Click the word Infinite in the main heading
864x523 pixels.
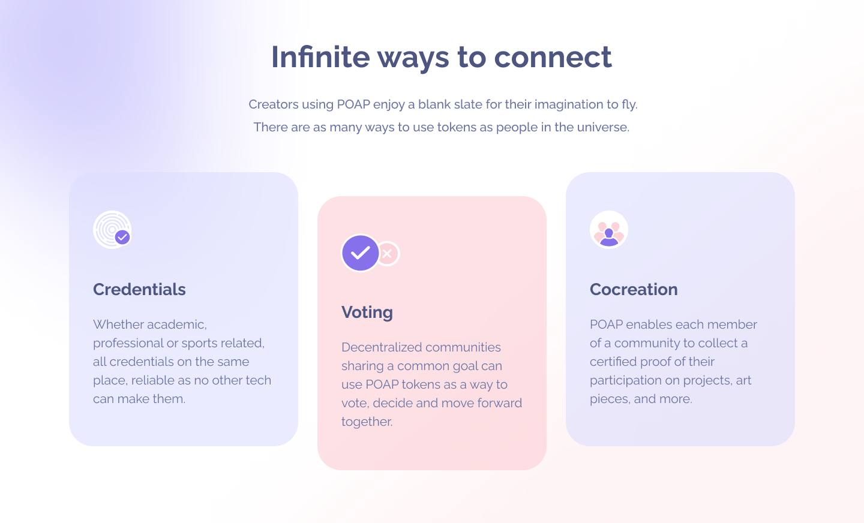320,57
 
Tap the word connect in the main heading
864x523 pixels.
553,58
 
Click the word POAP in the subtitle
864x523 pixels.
353,104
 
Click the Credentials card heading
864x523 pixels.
139,289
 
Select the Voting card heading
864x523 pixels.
367,312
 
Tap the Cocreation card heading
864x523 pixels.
634,289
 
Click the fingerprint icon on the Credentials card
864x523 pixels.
112,230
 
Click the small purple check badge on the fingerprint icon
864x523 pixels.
122,237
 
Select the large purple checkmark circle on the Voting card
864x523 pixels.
360,253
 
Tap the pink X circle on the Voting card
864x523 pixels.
388,254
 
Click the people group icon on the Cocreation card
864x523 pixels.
609,230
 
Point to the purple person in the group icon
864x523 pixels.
609,237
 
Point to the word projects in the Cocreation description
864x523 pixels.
708,381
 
